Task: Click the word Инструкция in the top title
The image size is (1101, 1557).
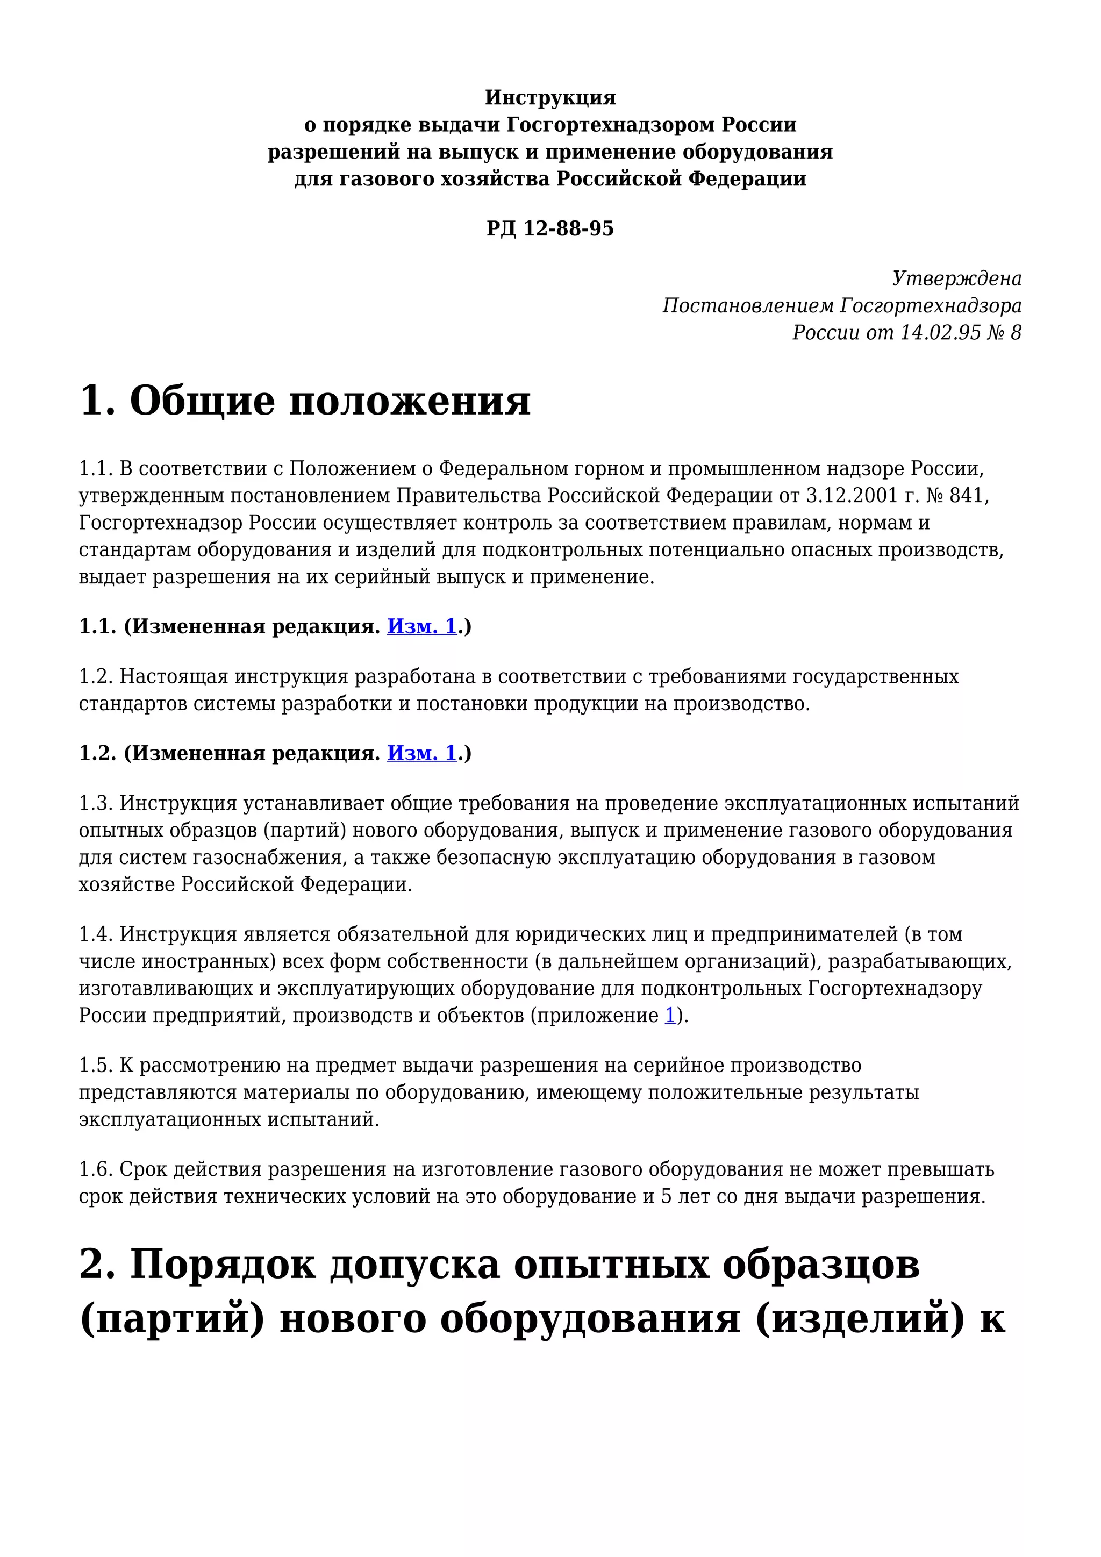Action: (550, 98)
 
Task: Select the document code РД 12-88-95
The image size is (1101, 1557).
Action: (550, 228)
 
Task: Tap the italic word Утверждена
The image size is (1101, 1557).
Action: (956, 278)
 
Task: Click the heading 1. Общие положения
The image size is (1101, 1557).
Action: (305, 400)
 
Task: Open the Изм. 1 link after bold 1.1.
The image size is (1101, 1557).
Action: (421, 626)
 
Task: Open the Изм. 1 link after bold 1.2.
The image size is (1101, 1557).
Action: (421, 753)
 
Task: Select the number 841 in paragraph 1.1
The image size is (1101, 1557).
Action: (966, 496)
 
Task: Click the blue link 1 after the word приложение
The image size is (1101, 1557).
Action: (670, 1016)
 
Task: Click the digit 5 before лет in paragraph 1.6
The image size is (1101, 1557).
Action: (667, 1197)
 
